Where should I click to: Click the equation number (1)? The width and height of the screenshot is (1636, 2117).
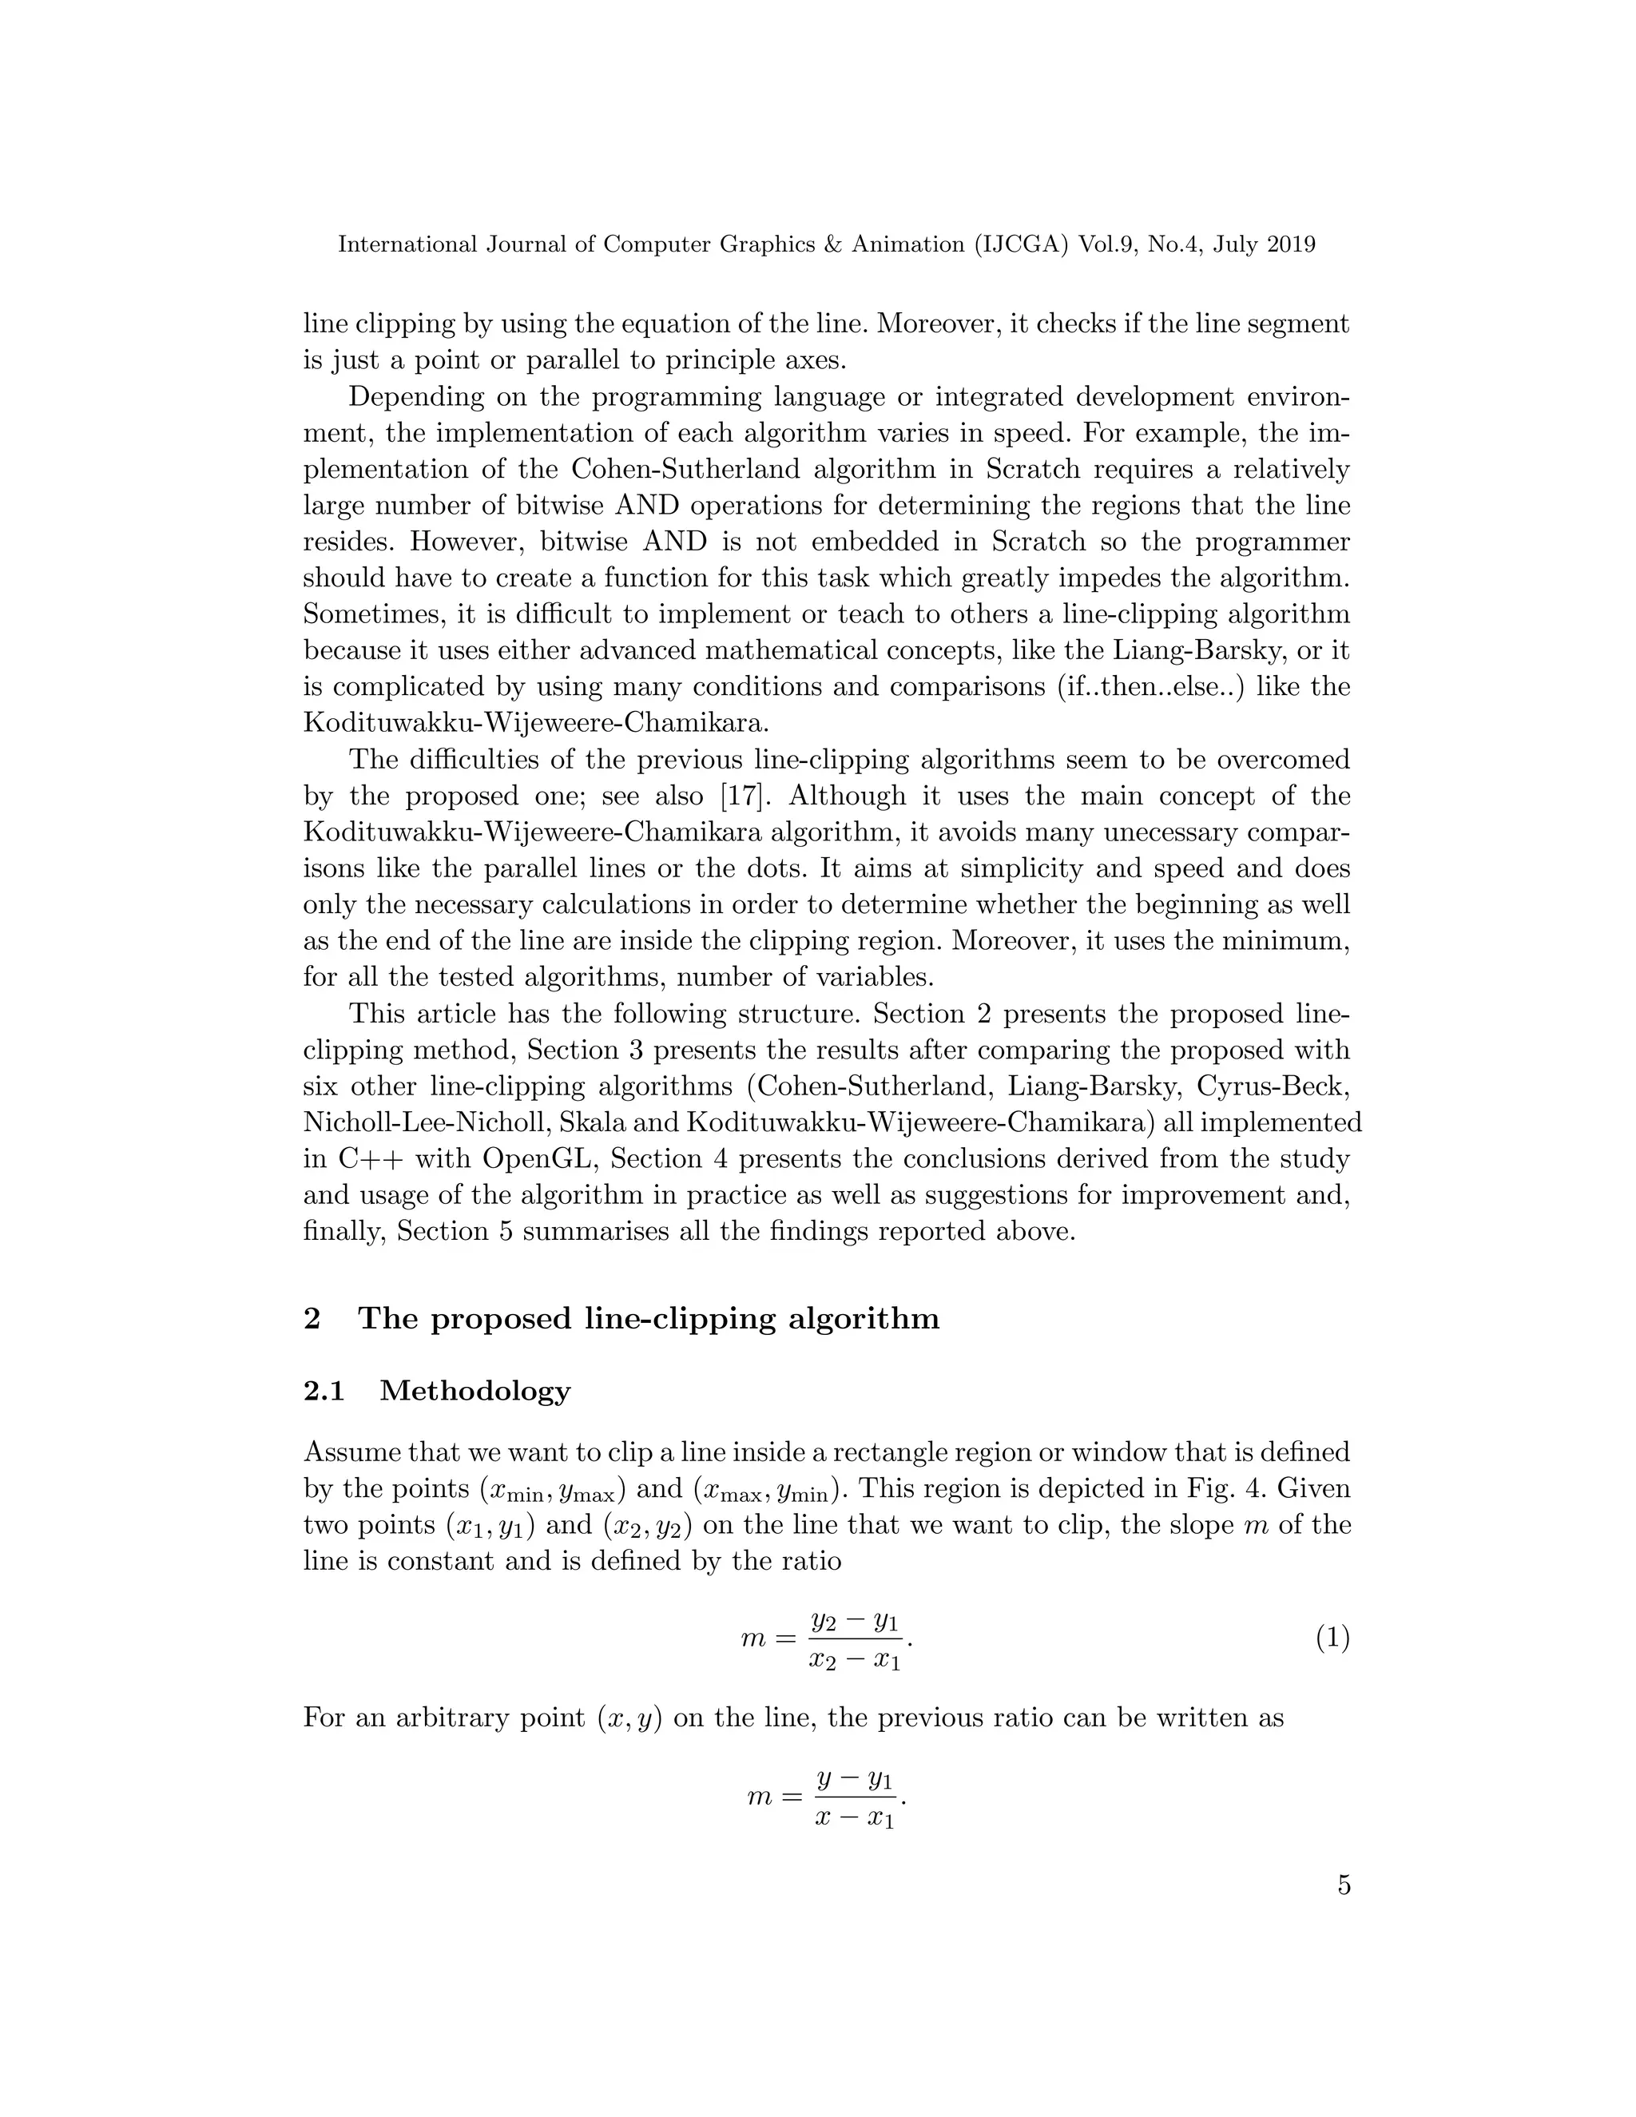(1332, 1638)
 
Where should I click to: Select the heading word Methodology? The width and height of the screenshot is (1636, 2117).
(475, 1391)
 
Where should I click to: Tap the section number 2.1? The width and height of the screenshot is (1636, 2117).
(324, 1391)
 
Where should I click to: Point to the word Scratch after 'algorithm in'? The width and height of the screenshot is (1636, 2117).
(1032, 469)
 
